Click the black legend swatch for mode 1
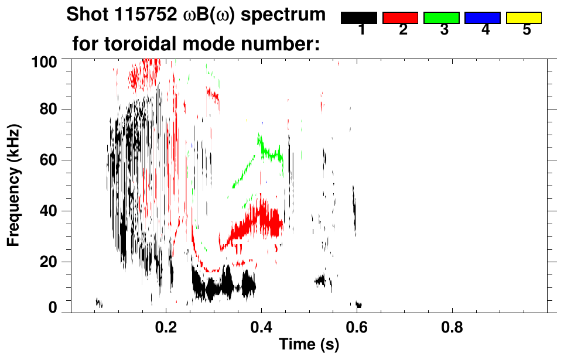pyautogui.click(x=359, y=18)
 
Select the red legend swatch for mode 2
pyautogui.click(x=400, y=18)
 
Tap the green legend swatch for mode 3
pyautogui.click(x=442, y=18)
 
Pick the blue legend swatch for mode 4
pyautogui.click(x=483, y=18)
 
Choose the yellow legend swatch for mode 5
pyautogui.click(x=524, y=18)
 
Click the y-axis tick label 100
pyautogui.click(x=45, y=61)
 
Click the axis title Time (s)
pyautogui.click(x=309, y=345)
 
